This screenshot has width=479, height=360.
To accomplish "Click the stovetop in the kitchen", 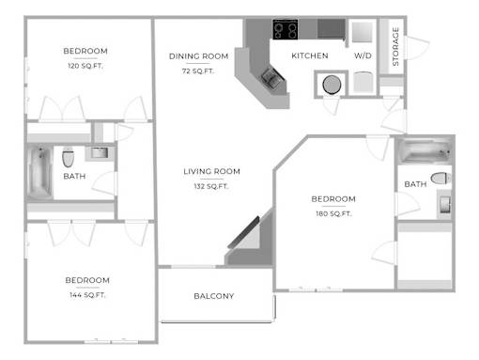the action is tap(285, 29).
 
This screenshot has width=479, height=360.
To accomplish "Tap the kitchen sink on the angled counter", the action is tap(272, 77).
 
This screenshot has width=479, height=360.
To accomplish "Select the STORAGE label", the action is tap(395, 47).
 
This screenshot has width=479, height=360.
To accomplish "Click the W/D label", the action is tap(363, 55).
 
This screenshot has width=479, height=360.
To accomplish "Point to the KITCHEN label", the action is tap(310, 55).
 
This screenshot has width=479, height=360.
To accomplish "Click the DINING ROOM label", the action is tap(198, 56).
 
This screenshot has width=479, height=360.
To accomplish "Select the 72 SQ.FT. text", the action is tap(198, 71).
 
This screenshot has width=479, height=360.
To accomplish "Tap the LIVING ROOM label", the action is tap(211, 171).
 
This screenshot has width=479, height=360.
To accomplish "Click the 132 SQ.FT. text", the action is tap(211, 186).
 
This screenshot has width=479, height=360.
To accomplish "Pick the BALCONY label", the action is tap(214, 296).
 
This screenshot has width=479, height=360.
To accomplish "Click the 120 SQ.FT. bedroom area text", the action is tap(85, 66).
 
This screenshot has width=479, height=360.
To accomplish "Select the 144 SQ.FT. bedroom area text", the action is tap(87, 295).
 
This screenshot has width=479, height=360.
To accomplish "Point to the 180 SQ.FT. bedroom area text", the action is tap(333, 213).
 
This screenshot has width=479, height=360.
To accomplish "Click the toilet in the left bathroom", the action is tap(68, 158).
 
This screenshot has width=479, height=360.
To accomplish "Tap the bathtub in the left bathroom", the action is tap(39, 172).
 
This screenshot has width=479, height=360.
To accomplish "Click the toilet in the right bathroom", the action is tap(440, 179).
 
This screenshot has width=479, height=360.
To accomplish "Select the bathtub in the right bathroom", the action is tap(425, 151).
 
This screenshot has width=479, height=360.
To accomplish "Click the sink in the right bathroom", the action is tap(444, 205).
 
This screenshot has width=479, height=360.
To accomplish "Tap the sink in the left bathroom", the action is tap(100, 153).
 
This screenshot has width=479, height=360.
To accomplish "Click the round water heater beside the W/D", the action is tap(332, 85).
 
